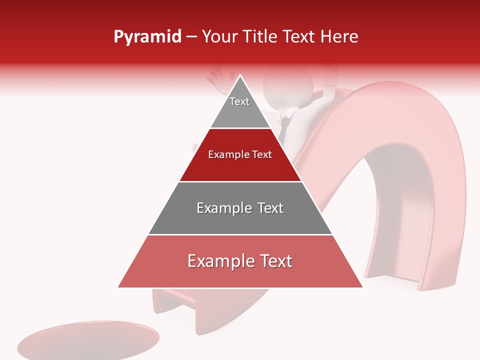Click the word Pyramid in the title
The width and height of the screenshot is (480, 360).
coord(147,37)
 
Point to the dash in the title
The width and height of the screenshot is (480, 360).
coord(191,37)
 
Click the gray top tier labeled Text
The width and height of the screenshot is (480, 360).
coord(240,107)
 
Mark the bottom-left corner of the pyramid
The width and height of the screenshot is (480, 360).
coord(118,287)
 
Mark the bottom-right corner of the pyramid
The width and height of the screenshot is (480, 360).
coord(363,287)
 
